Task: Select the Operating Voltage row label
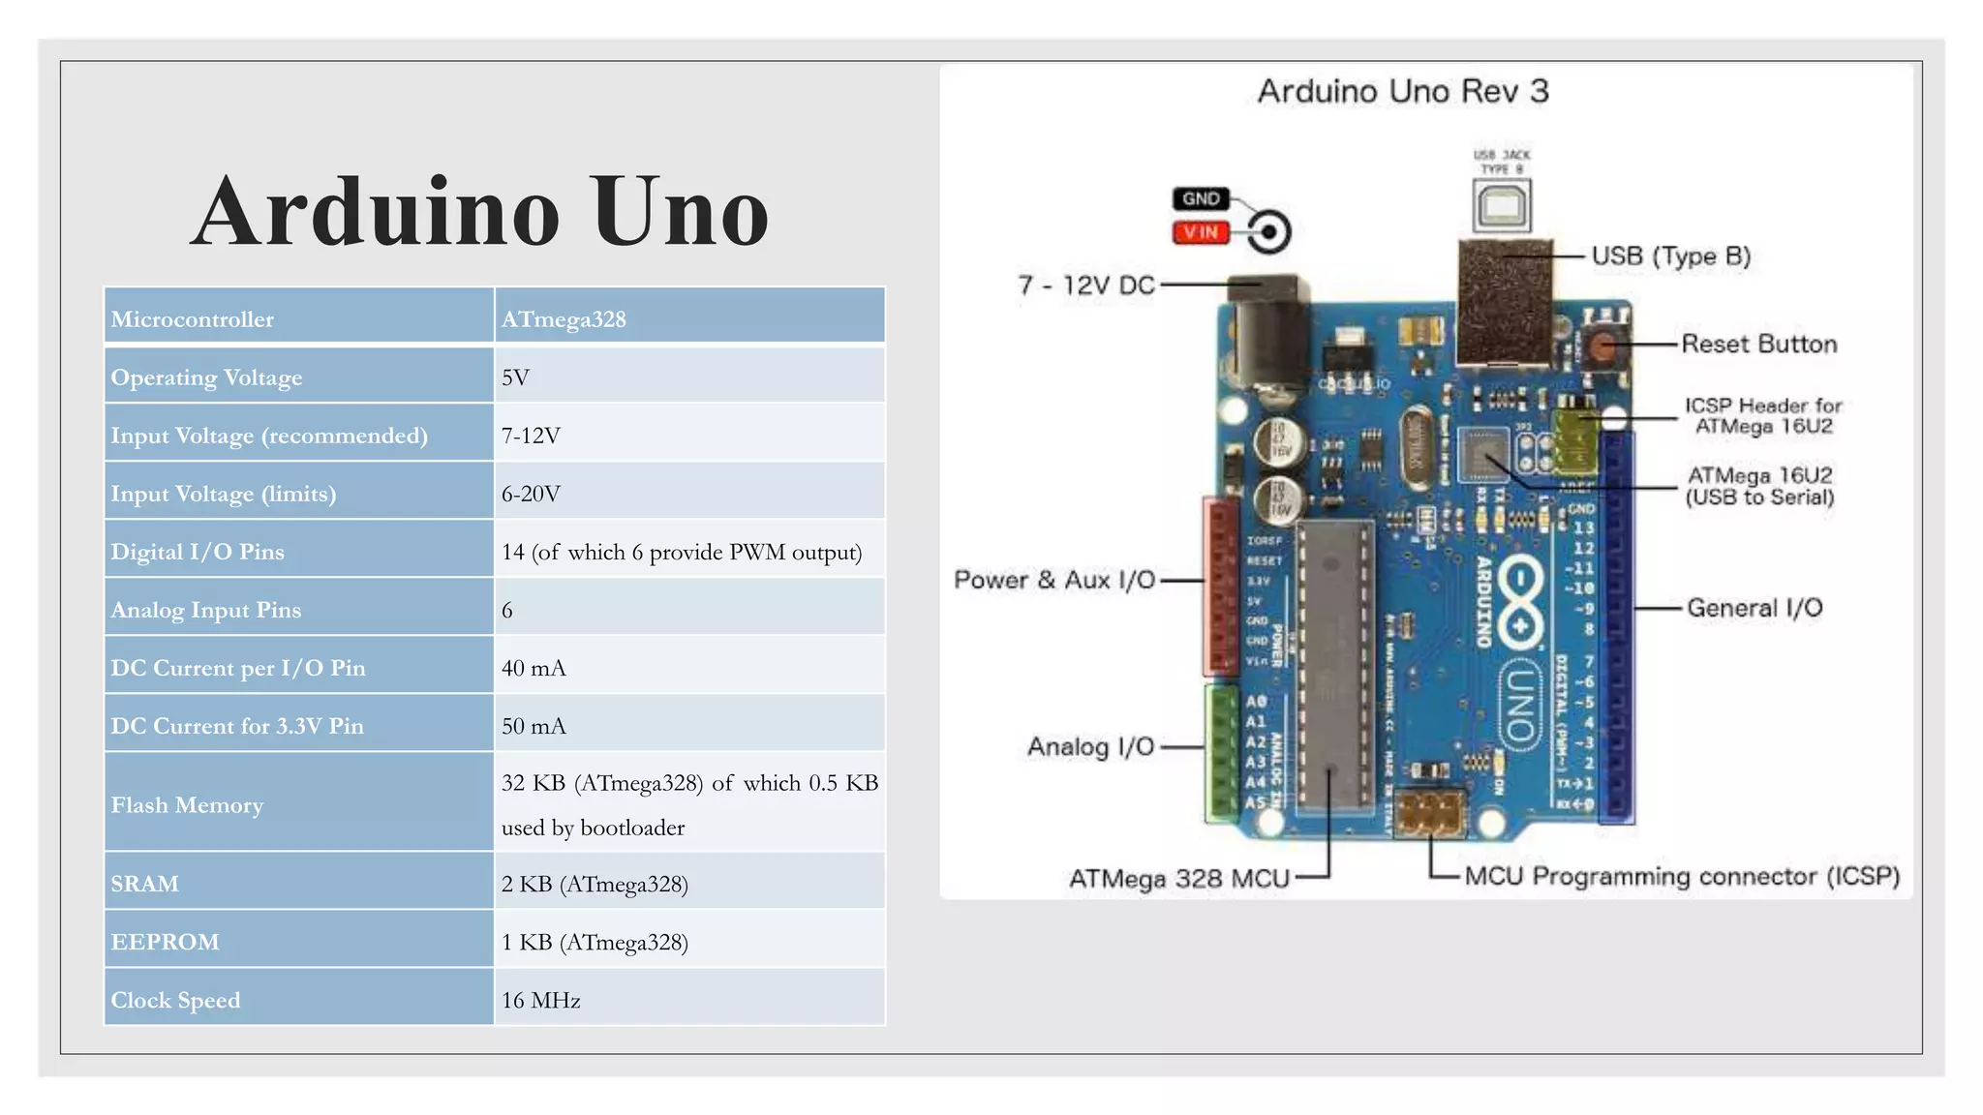(206, 377)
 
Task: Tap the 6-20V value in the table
(531, 494)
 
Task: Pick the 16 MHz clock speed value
(540, 1000)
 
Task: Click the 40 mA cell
(534, 668)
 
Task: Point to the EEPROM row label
(165, 942)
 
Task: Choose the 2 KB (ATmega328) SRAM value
(595, 884)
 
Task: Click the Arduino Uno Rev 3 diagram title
(1403, 91)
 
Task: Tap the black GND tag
(1201, 198)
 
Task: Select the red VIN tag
(1201, 232)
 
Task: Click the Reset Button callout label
(1758, 344)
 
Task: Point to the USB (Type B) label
(1671, 256)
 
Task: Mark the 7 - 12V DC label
(1086, 286)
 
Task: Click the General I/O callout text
(1754, 608)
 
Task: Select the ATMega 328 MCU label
(1179, 879)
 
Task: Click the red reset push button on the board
(1605, 346)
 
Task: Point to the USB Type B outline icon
(1502, 205)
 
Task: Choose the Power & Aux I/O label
(1054, 580)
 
